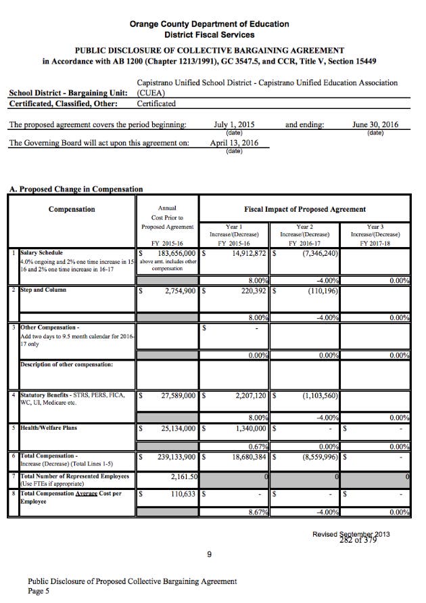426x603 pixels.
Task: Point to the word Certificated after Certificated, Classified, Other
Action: [156, 104]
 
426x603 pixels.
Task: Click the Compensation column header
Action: [72, 210]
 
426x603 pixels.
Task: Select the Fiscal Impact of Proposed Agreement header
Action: [305, 210]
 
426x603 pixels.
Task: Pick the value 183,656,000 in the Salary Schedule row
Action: [172, 253]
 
